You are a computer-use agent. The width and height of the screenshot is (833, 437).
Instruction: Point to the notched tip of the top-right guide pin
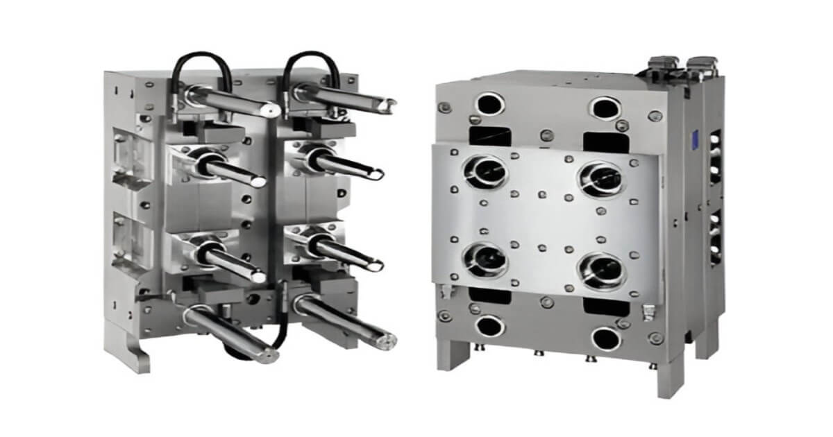(x=389, y=104)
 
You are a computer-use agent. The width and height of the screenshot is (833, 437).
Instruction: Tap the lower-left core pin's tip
(x=259, y=276)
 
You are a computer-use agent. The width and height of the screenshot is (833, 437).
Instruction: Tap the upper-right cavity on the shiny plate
(x=601, y=178)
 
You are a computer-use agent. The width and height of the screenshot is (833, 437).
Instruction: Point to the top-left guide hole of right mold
(x=489, y=105)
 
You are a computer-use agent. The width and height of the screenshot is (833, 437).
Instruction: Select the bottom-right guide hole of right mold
(x=606, y=339)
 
